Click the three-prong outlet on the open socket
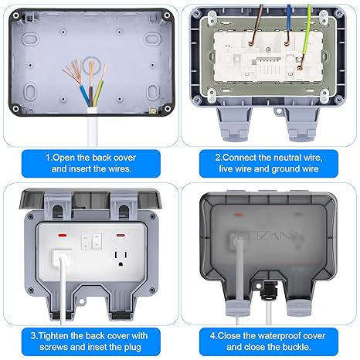pyautogui.click(x=121, y=258)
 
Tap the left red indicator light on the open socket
pyautogui.click(x=62, y=236)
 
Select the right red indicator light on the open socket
pyautogui.click(x=121, y=236)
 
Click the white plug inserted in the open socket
pyautogui.click(x=62, y=256)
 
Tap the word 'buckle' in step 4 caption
pyautogui.click(x=296, y=347)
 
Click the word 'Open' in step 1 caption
pyautogui.click(x=63, y=158)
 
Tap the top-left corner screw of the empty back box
pyautogui.click(x=16, y=15)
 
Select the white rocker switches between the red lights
pyautogui.click(x=92, y=242)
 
